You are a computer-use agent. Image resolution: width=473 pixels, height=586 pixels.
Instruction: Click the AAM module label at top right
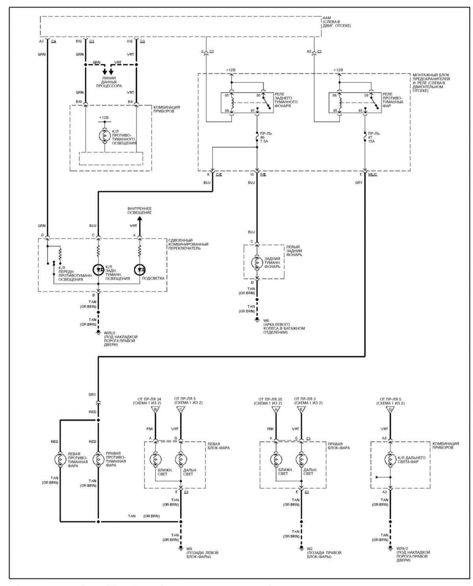pos(337,22)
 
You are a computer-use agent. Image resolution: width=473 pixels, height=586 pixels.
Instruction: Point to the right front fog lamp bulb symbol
pos(98,459)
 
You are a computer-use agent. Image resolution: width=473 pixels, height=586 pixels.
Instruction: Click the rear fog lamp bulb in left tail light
pos(257,262)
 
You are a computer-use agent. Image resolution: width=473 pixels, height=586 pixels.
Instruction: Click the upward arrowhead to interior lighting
pos(139,218)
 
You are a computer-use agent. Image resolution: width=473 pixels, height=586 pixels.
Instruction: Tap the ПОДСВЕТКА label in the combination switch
pos(156,278)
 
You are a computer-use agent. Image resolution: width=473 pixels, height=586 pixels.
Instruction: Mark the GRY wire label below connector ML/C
pos(359,183)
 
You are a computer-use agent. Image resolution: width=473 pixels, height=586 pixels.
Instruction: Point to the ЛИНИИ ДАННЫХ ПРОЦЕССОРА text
pos(109,82)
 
